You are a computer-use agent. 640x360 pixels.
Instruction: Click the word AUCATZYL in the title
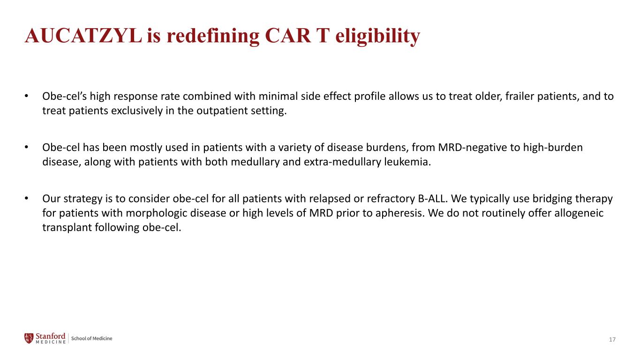coord(83,36)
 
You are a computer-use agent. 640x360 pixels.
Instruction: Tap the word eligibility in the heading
coord(377,37)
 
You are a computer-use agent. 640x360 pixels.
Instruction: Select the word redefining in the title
coord(213,37)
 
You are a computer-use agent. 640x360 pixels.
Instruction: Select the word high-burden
coord(553,148)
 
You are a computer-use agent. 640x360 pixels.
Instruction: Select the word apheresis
coord(400,213)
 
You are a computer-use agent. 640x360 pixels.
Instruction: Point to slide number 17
coord(612,339)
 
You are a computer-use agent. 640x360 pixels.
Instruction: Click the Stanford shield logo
coord(29,338)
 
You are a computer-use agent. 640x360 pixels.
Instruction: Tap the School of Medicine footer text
coord(91,338)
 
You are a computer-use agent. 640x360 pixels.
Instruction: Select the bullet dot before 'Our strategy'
coord(27,198)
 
